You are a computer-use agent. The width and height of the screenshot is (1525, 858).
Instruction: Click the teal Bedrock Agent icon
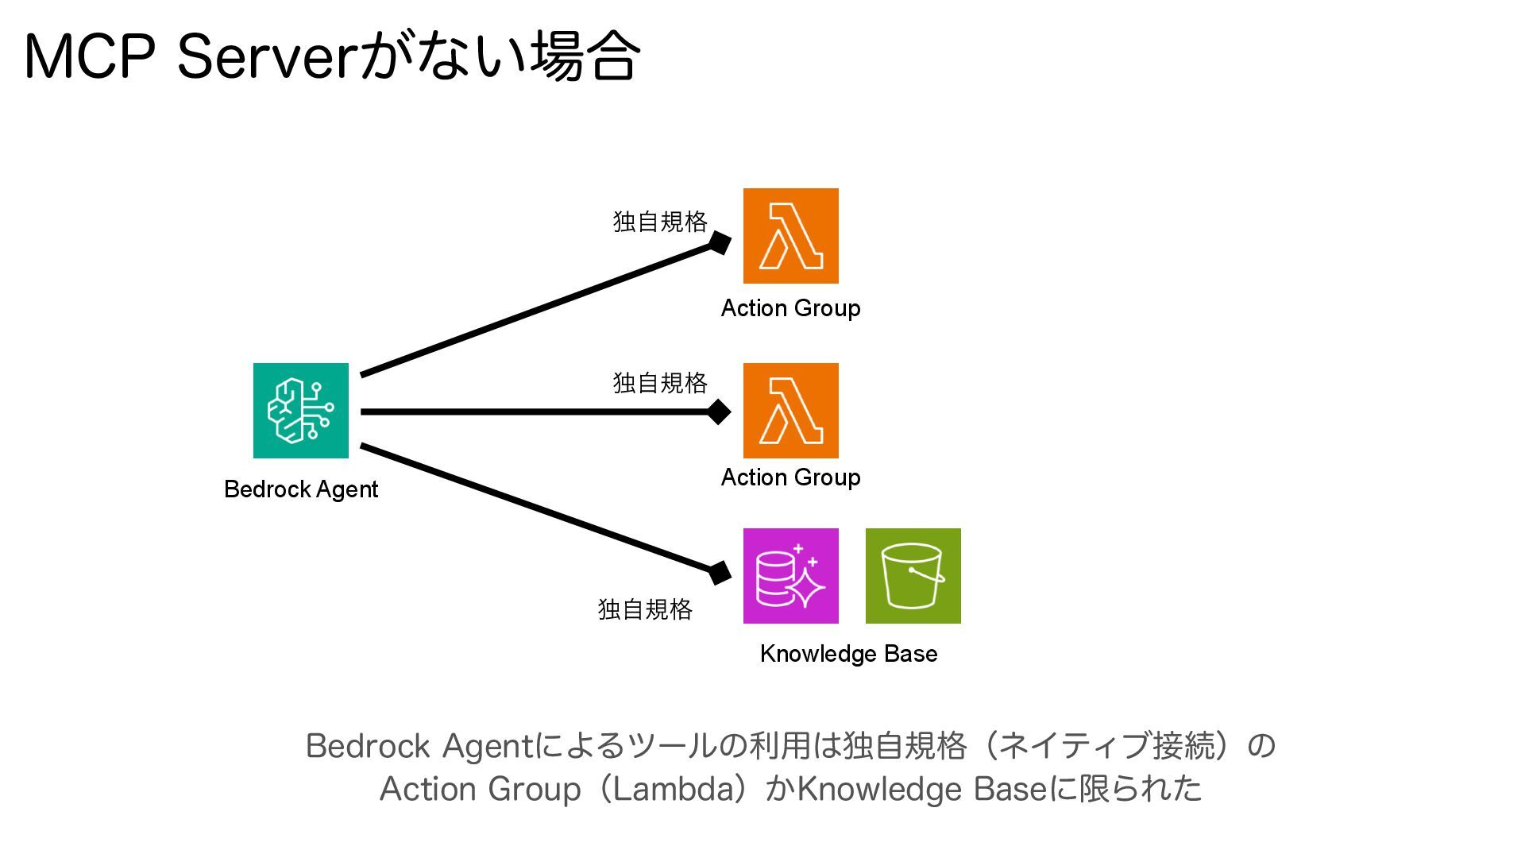(300, 411)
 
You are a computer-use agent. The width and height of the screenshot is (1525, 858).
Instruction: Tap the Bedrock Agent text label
(300, 489)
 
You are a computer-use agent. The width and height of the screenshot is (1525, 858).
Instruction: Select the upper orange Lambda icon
(790, 236)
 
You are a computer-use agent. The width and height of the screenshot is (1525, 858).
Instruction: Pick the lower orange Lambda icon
(790, 411)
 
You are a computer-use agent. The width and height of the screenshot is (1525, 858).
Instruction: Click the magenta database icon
(790, 576)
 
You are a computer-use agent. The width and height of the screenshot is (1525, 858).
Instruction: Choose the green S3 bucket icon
(913, 576)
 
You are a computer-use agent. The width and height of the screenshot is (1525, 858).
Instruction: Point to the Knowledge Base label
(848, 654)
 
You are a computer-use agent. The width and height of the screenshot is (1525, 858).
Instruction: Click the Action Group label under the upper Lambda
(790, 308)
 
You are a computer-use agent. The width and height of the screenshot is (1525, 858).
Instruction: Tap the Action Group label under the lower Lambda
(790, 477)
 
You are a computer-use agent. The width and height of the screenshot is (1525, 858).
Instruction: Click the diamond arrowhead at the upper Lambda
(720, 242)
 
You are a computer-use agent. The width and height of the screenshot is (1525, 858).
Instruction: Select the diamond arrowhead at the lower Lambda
(719, 412)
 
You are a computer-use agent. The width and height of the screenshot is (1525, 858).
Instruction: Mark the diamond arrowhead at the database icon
(720, 572)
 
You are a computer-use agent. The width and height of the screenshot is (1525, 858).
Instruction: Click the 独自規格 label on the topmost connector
(659, 222)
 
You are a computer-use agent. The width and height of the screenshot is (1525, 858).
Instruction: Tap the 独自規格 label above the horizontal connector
(659, 383)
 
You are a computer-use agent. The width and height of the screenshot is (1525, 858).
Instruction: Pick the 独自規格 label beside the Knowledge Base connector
(645, 609)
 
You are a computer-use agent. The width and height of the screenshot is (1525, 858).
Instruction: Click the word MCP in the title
(89, 57)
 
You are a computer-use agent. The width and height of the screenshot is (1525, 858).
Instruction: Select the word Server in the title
(265, 57)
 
